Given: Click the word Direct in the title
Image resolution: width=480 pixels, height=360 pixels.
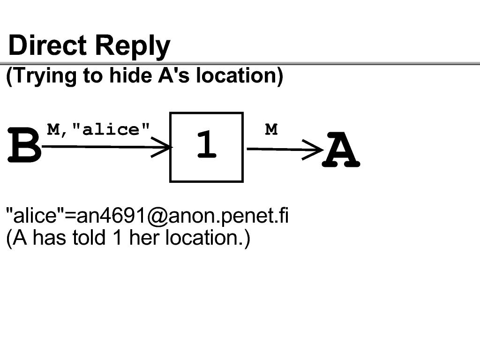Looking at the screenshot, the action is [47, 45].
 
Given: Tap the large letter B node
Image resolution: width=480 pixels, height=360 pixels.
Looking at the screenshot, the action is [24, 145].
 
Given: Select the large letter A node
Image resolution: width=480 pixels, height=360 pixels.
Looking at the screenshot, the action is [341, 149].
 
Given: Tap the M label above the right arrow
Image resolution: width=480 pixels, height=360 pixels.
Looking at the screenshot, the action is [271, 129].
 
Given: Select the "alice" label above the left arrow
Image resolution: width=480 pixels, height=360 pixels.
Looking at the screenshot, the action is [111, 129].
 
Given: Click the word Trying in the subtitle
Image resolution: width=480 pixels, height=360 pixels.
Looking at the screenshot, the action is [41, 75].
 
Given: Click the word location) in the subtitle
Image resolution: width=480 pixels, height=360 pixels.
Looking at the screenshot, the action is [240, 75].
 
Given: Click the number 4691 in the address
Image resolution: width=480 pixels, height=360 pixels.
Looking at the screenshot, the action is [123, 215].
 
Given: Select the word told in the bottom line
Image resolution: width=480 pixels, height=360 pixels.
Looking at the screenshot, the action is [89, 237].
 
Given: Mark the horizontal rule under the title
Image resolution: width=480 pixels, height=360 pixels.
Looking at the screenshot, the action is [240, 64].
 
